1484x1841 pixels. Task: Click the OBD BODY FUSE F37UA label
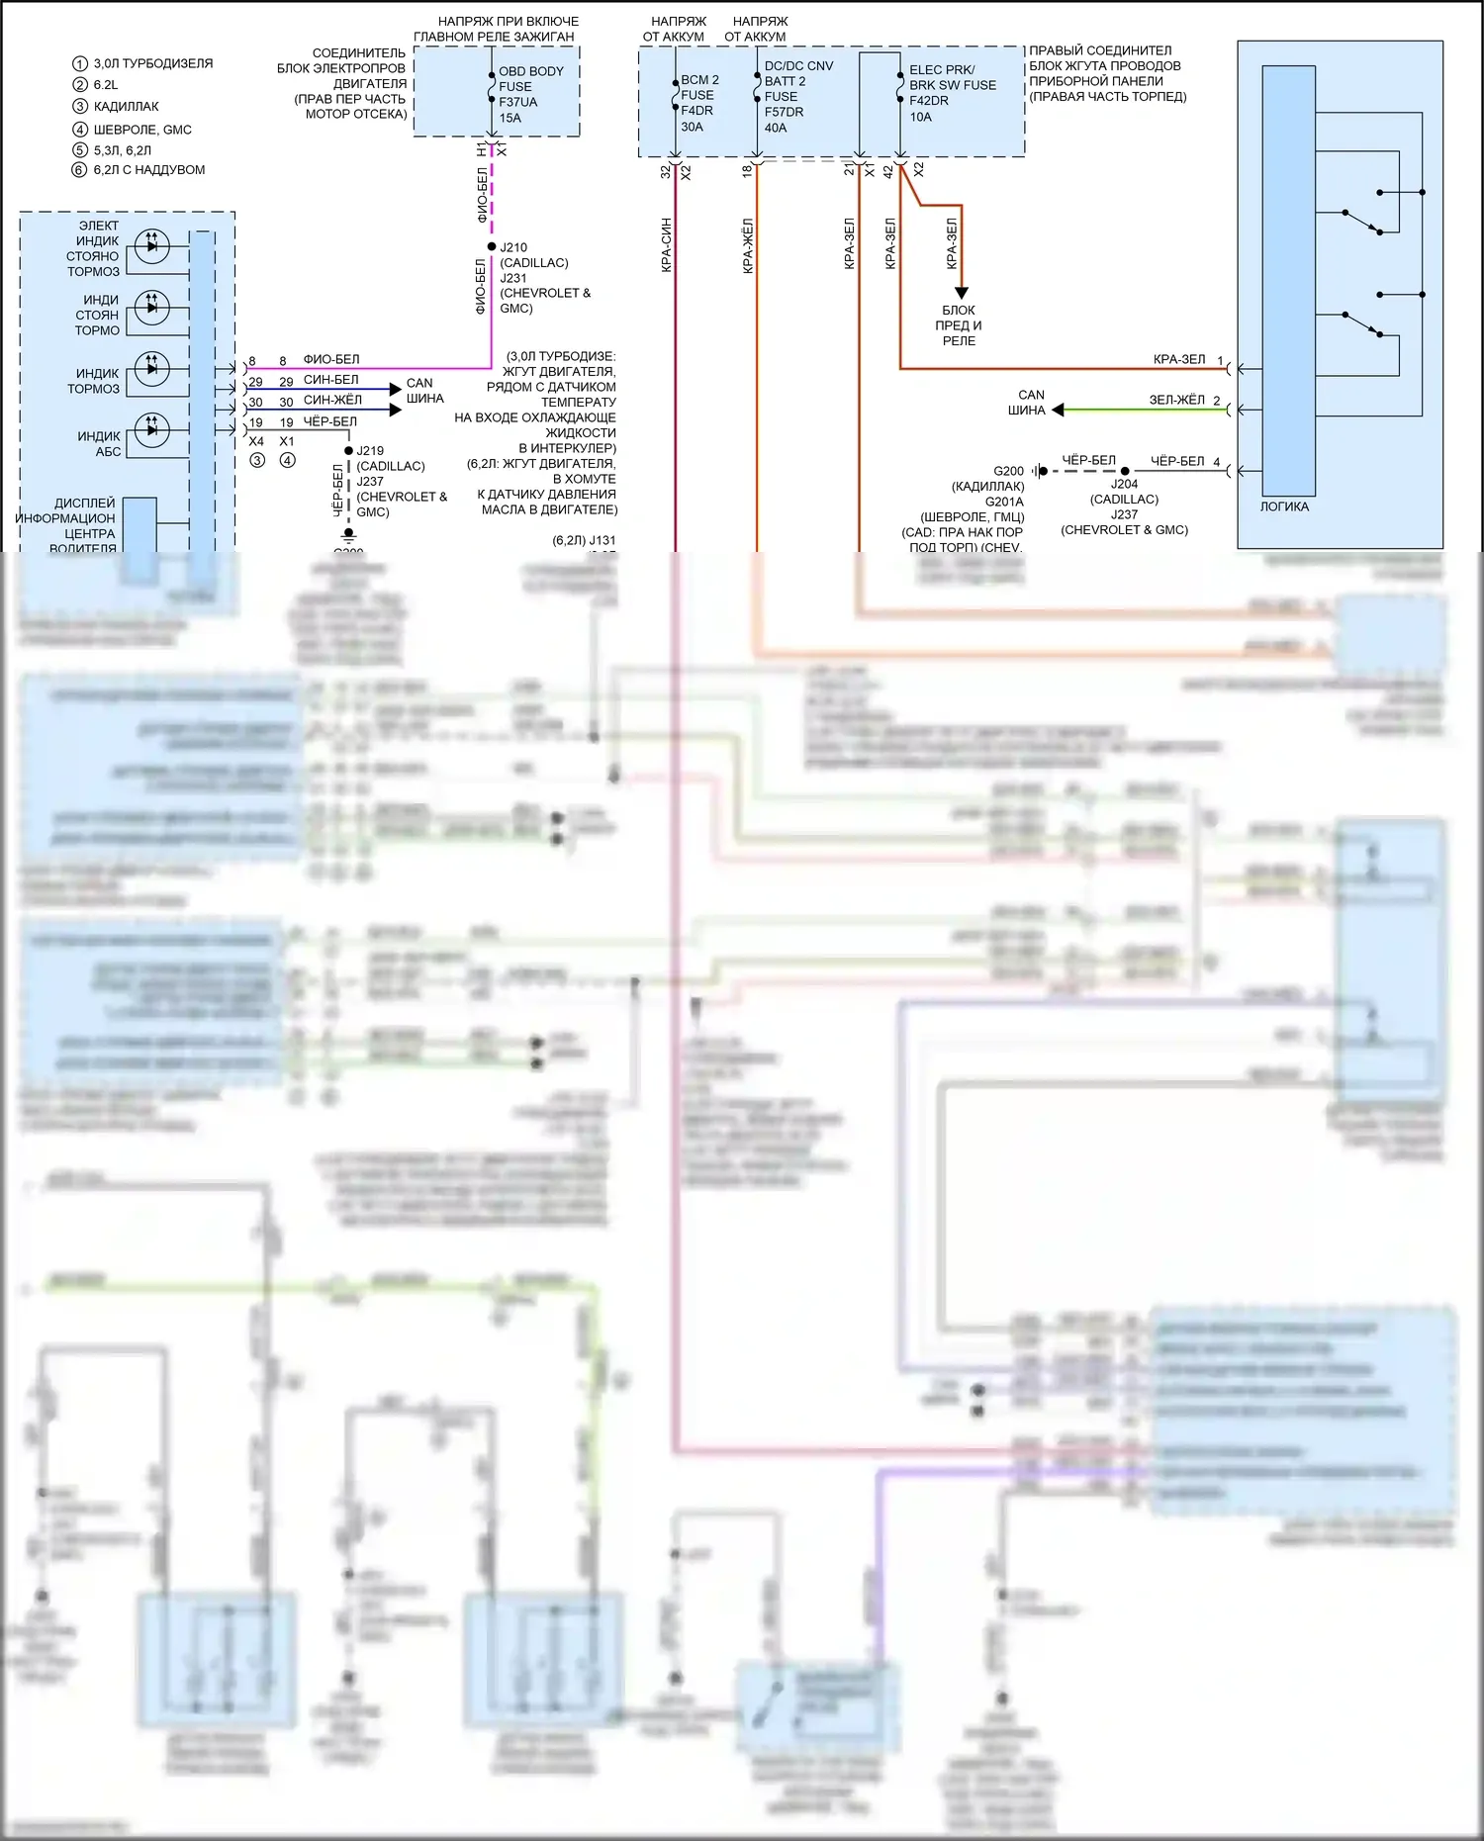point(530,94)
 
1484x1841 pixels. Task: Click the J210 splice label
point(513,247)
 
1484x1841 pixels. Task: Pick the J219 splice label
point(371,451)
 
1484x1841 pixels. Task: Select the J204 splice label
point(1124,485)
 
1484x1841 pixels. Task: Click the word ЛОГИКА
point(1284,507)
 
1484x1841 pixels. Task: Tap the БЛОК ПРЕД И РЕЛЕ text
point(959,325)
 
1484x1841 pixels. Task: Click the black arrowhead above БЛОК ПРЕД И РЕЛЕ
point(961,293)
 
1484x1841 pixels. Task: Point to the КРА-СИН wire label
point(667,244)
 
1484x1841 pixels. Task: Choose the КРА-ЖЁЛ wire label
point(748,245)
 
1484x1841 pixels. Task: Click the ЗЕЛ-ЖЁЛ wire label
point(1176,401)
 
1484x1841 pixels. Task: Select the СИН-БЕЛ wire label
point(331,380)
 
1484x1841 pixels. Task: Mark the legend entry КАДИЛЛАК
point(126,107)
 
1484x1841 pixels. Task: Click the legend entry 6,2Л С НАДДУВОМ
point(149,170)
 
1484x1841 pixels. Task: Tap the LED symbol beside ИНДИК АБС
point(151,429)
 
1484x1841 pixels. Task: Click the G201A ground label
point(1004,503)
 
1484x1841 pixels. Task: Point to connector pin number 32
point(665,171)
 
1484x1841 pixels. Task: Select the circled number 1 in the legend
point(80,63)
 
